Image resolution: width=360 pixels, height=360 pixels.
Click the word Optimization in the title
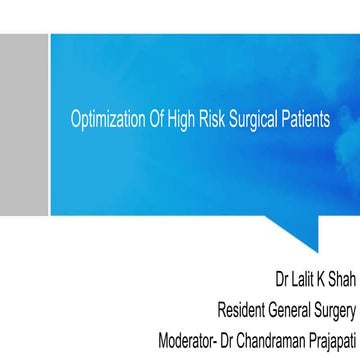pyautogui.click(x=105, y=117)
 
